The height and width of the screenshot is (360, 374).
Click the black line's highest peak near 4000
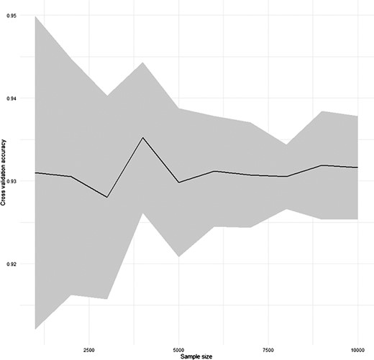pyautogui.click(x=142, y=137)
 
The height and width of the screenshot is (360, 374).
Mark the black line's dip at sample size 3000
pyautogui.click(x=106, y=197)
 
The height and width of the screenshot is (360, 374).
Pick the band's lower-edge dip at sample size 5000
pyautogui.click(x=179, y=257)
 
